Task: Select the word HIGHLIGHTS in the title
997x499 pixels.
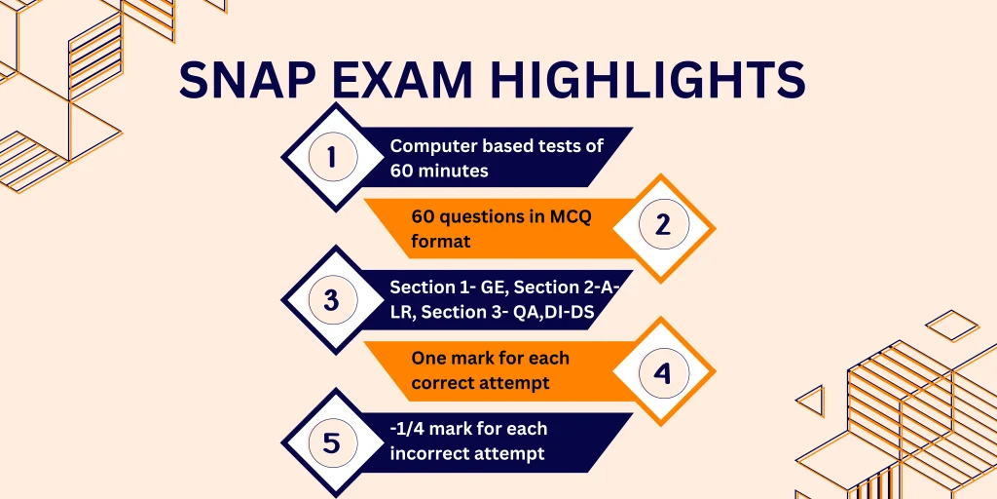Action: [x=663, y=80]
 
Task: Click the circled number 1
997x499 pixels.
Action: [x=332, y=157]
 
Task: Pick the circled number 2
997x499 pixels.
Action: [x=663, y=227]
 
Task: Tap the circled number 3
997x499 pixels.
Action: [x=332, y=300]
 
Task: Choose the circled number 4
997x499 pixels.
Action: [x=663, y=371]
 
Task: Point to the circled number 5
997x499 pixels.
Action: [x=332, y=443]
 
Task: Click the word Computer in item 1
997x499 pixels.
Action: [x=432, y=146]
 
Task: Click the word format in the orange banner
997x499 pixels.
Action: [x=440, y=240]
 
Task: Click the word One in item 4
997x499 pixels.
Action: [x=428, y=359]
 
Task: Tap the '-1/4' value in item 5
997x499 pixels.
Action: [x=410, y=430]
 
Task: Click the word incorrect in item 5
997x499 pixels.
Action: [x=431, y=453]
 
